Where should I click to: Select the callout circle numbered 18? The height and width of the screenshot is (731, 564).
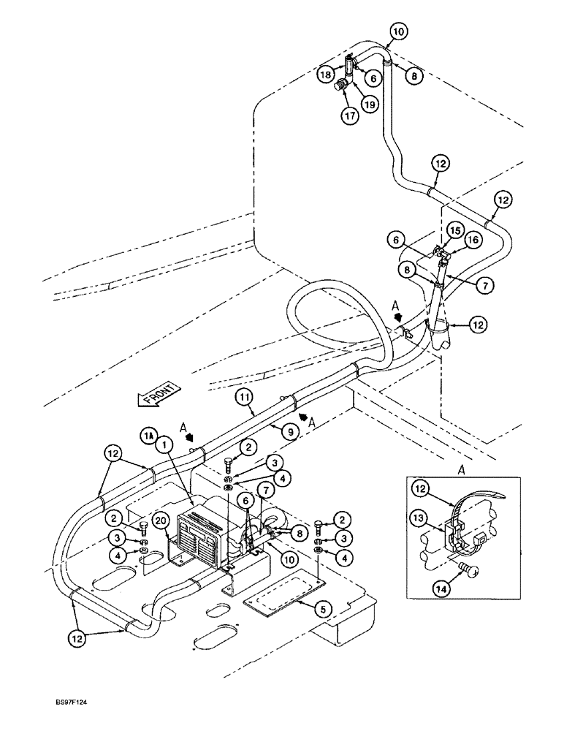click(x=326, y=75)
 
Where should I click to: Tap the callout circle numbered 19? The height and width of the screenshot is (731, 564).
click(x=370, y=105)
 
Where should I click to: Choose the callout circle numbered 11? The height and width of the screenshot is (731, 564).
click(x=245, y=398)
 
